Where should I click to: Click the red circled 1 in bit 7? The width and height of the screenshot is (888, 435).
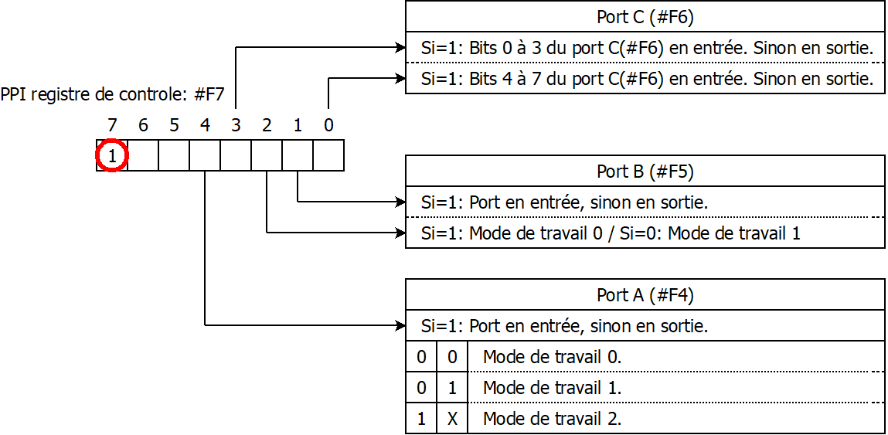pos(112,156)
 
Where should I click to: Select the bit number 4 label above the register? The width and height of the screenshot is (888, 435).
pos(205,124)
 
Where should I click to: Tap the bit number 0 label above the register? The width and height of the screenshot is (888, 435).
pos(328,124)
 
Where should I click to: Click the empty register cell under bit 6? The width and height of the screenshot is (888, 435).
pos(143,155)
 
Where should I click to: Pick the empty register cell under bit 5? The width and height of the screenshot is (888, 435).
pos(174,155)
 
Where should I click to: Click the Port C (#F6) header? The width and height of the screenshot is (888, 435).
pos(645,16)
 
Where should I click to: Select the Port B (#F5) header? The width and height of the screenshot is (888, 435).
pos(645,171)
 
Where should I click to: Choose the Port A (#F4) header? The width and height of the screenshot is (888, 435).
pos(645,294)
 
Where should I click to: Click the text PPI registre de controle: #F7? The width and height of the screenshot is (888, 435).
pos(113,96)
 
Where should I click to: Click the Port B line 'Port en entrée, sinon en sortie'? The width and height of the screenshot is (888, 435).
pos(565,202)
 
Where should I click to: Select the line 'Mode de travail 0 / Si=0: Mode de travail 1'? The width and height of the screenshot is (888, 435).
pos(611,233)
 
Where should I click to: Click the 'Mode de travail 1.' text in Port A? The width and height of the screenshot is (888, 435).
pos(552,387)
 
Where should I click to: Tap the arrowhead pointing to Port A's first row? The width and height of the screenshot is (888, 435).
pos(400,325)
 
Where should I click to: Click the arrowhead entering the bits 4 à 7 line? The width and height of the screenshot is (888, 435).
pos(400,78)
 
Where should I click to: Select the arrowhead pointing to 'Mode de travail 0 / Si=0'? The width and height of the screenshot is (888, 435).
pos(400,233)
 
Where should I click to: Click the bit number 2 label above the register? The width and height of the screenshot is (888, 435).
pos(267,124)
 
